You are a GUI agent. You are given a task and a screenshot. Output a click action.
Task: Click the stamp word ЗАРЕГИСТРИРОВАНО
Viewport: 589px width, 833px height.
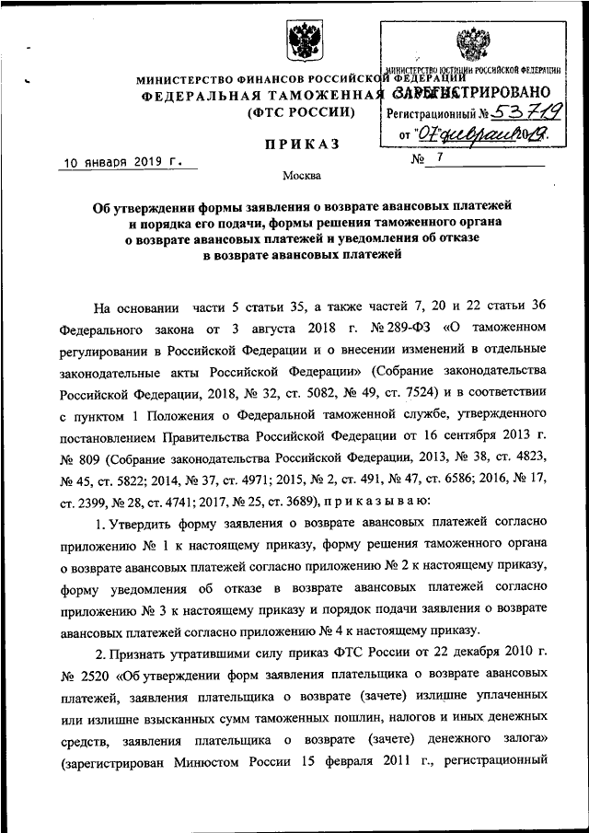[471, 92]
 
